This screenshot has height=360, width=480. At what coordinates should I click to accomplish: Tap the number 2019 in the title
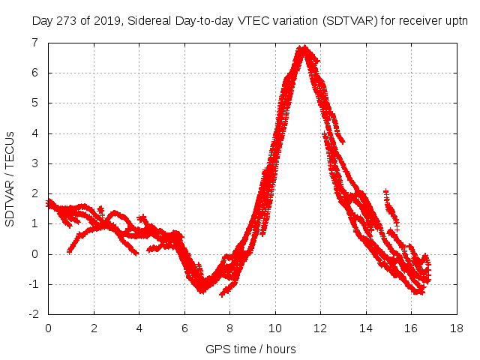[x=106, y=22]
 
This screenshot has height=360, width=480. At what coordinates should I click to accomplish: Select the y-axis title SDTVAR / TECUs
[x=10, y=178]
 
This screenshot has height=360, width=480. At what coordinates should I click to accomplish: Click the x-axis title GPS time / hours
[x=250, y=349]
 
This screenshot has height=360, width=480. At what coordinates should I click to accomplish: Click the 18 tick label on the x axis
[x=456, y=328]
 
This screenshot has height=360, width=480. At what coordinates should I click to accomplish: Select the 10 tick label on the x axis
[x=275, y=328]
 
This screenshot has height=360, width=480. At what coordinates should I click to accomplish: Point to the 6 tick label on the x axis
[x=184, y=328]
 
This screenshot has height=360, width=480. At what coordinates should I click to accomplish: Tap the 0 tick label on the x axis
[x=49, y=328]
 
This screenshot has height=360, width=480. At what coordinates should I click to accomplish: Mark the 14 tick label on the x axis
[x=365, y=328]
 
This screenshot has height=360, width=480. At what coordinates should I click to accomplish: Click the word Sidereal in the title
[x=148, y=22]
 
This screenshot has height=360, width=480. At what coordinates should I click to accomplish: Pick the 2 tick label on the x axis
[x=94, y=328]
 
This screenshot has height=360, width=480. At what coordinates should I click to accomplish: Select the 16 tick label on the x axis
[x=411, y=328]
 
